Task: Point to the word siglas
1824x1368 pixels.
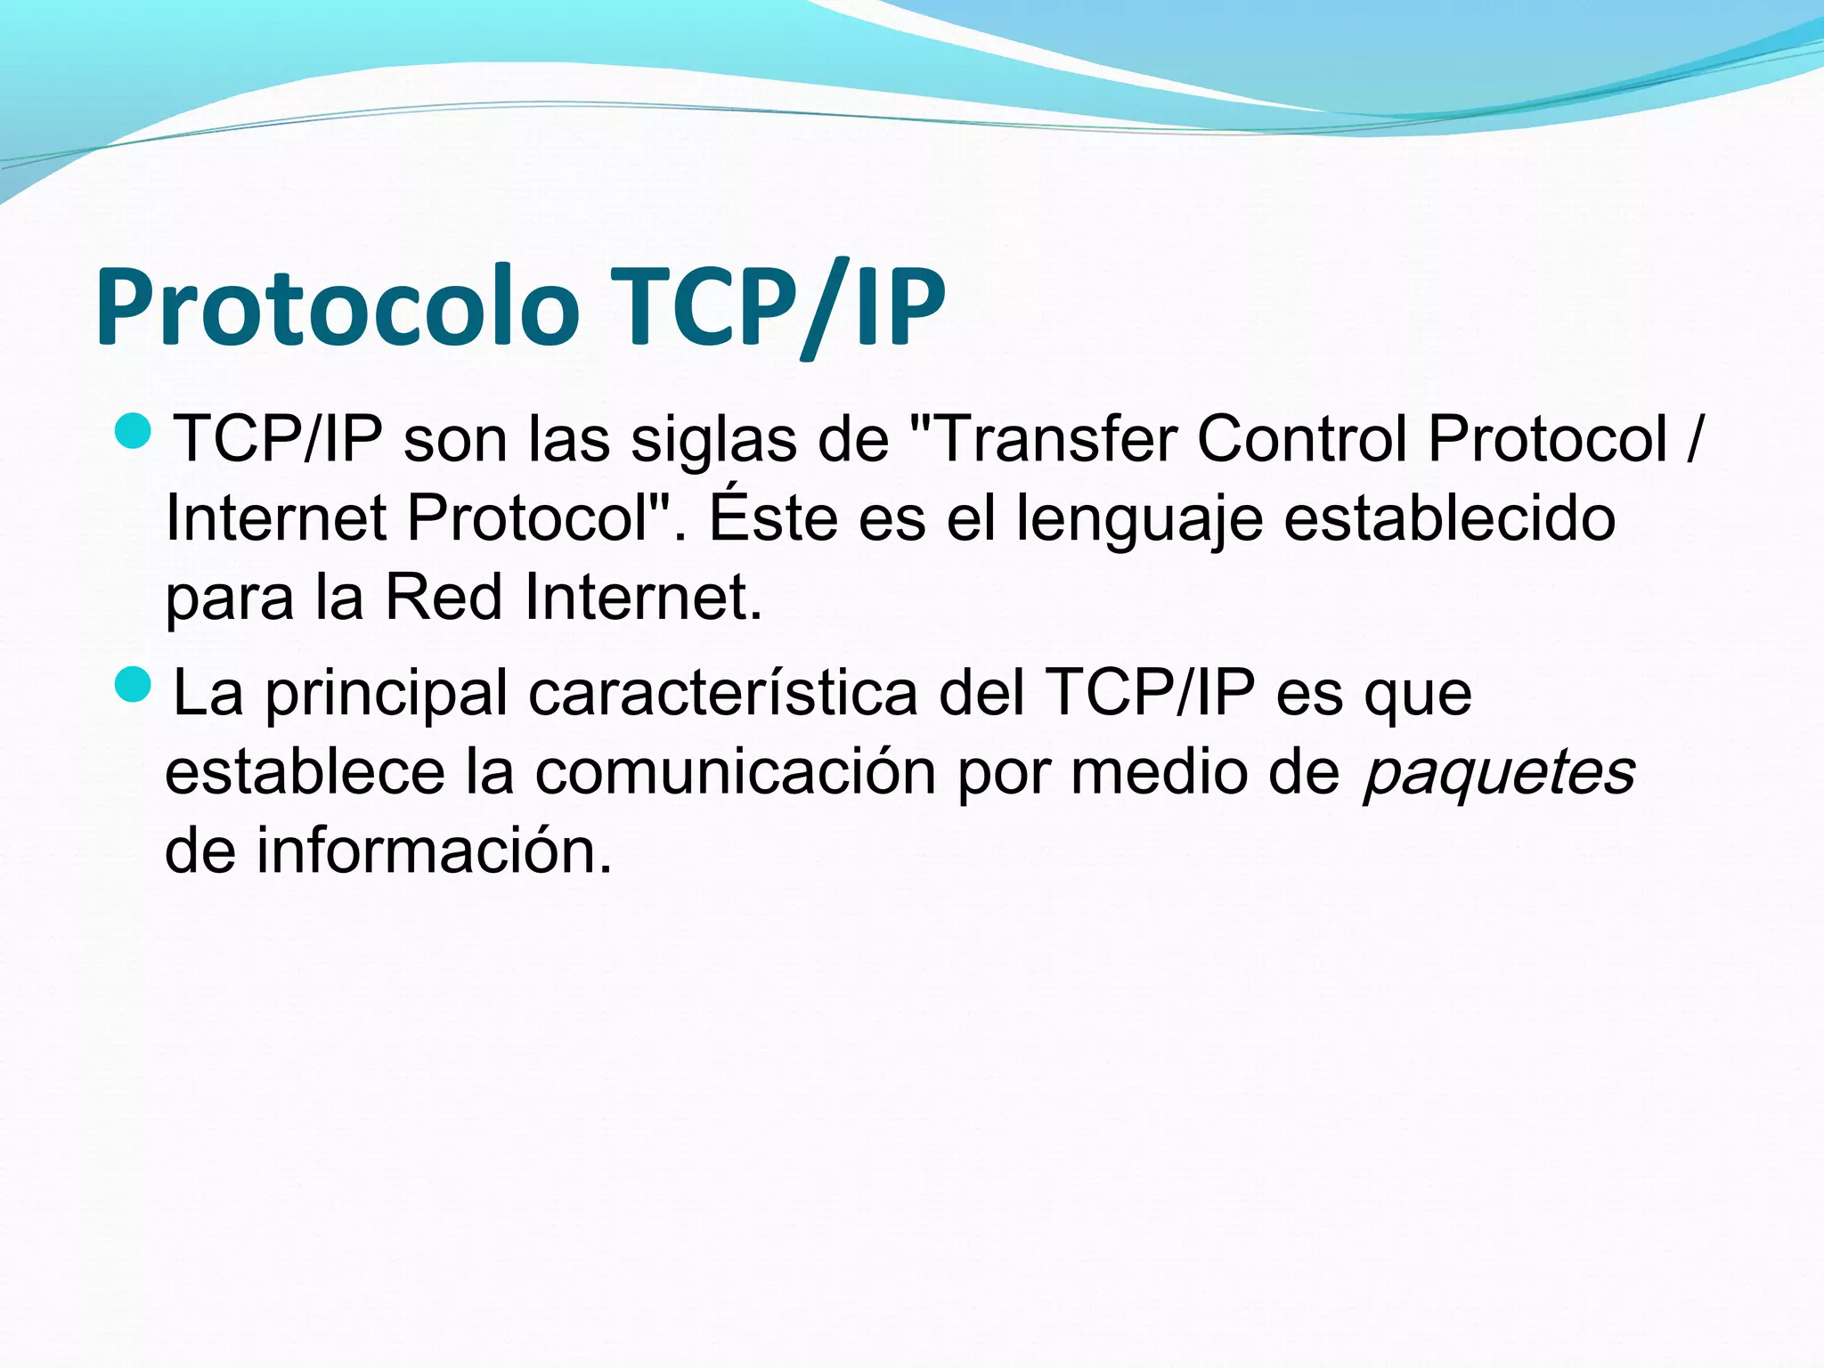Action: click(x=713, y=441)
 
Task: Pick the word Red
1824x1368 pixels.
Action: click(x=444, y=596)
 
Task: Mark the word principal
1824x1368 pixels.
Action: click(x=387, y=696)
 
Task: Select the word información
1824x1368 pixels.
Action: click(x=435, y=850)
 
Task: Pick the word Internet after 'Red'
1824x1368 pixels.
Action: click(x=644, y=596)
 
